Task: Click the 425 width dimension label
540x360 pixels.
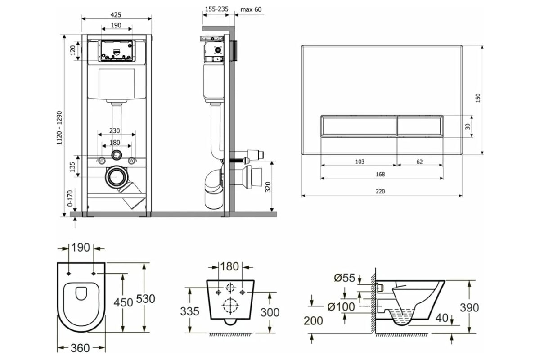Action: pos(116,14)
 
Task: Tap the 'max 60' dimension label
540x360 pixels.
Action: pos(251,9)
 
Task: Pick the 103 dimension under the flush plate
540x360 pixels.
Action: pos(360,162)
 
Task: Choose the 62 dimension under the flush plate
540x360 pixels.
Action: pos(419,162)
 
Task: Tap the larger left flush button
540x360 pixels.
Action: pos(359,126)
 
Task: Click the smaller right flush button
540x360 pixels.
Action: pos(420,126)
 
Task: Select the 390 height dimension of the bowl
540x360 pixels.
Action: pos(469,307)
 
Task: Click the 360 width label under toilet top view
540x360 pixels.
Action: pos(80,348)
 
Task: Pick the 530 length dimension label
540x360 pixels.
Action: pos(146,299)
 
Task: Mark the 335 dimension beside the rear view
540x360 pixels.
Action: pos(190,311)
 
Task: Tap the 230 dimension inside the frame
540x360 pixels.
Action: pos(115,131)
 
